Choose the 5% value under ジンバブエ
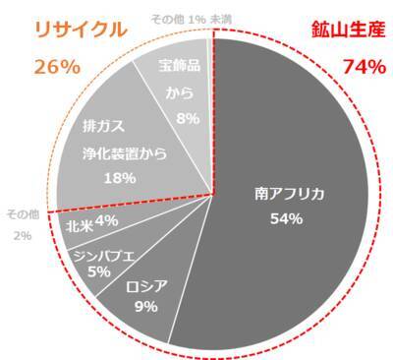click(x=98, y=270)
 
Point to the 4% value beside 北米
click(x=107, y=222)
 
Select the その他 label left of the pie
click(x=20, y=214)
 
